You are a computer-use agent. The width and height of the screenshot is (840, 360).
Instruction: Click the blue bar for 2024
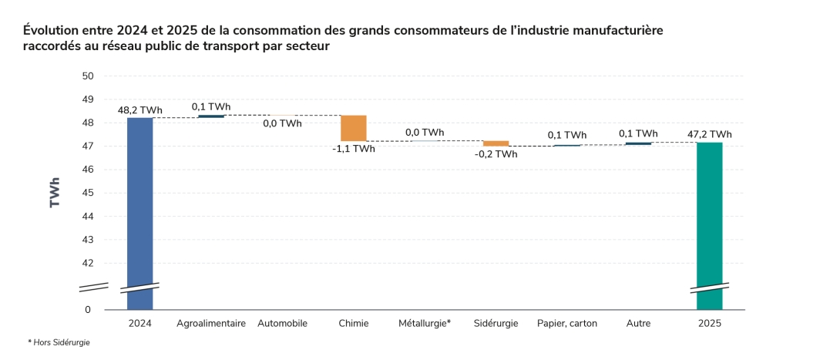(x=139, y=208)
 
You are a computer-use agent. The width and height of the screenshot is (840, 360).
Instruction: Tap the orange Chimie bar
(x=354, y=128)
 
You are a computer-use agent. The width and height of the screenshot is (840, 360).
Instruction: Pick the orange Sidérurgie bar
(x=496, y=143)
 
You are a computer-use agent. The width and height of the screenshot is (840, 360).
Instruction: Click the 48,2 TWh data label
(x=139, y=110)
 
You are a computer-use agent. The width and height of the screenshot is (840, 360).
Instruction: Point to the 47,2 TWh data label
(x=709, y=134)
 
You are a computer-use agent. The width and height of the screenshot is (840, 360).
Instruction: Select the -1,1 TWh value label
(x=354, y=149)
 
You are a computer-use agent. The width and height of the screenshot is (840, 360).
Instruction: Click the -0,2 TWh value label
(x=496, y=154)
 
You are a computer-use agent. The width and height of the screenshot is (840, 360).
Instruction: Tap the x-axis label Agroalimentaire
(x=211, y=324)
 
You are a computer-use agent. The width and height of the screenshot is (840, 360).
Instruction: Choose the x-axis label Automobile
(x=282, y=324)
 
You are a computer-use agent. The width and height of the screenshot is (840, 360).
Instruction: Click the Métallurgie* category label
(x=425, y=324)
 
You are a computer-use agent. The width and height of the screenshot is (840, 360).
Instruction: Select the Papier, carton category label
(x=567, y=324)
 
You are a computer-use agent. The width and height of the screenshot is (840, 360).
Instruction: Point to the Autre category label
(x=638, y=324)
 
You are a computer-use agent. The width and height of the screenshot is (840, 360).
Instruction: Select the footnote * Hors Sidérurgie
(x=59, y=342)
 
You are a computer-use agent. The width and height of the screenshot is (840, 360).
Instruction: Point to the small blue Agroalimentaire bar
(x=211, y=116)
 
